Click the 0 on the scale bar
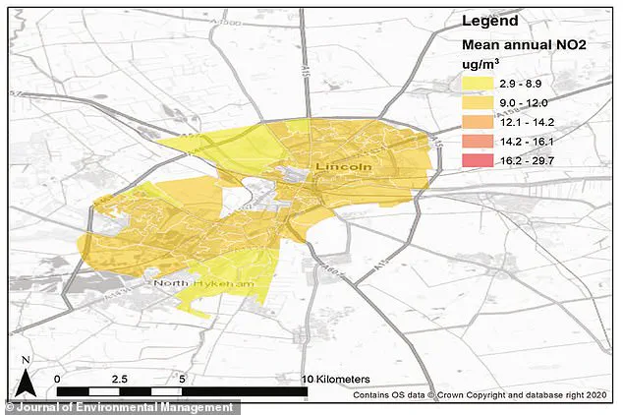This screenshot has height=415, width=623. pos(58,378)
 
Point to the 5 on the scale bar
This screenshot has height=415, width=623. pos(181,378)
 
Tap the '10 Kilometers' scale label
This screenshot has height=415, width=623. pos(335,378)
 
